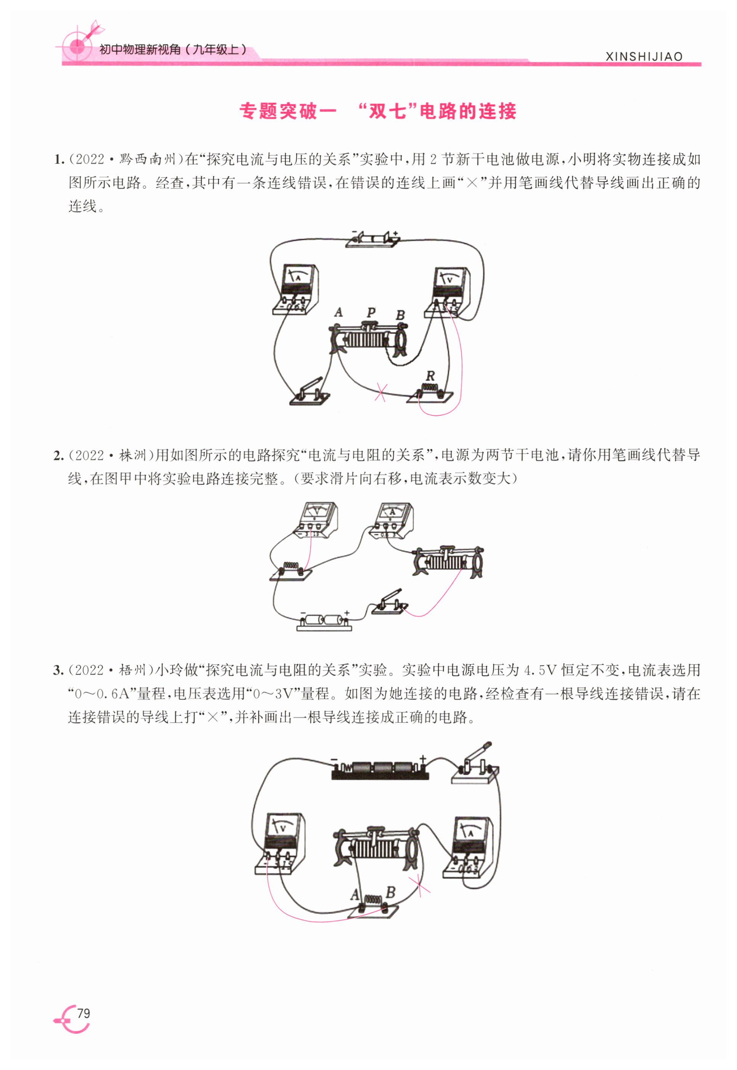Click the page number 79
(x=83, y=1013)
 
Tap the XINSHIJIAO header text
(x=643, y=57)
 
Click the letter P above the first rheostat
(x=370, y=312)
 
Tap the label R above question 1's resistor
(x=430, y=376)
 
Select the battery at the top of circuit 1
(x=373, y=239)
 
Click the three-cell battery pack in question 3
(x=380, y=770)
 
